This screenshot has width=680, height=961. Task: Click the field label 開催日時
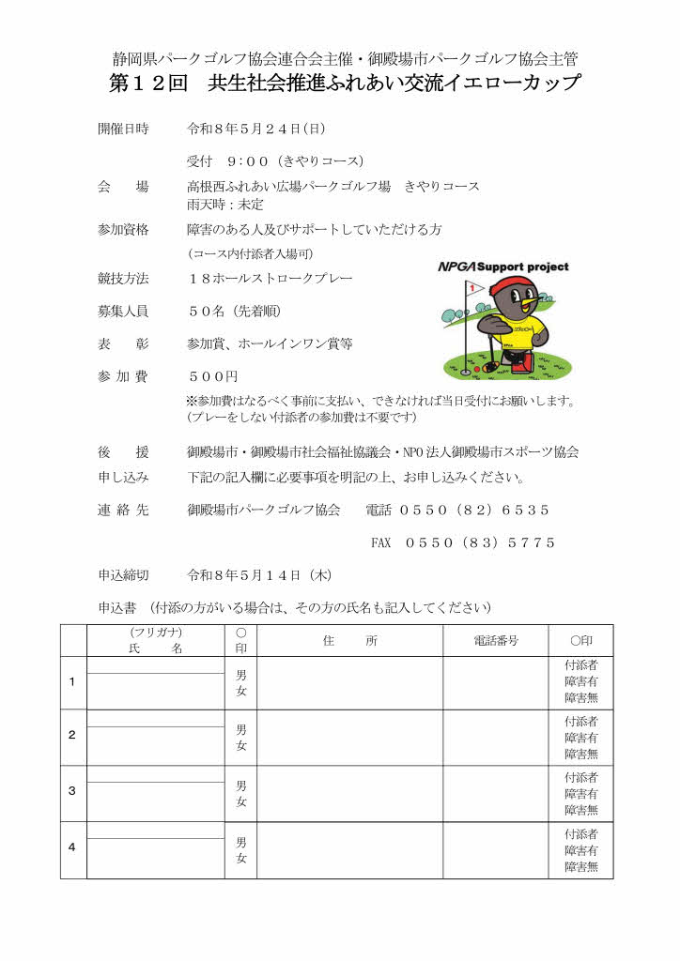point(123,129)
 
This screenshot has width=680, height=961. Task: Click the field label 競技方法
point(123,279)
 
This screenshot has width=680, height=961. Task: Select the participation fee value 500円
point(213,375)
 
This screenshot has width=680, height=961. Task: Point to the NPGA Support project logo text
point(503,267)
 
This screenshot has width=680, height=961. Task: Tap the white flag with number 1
point(473,288)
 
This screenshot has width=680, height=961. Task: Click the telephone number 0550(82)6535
point(474,511)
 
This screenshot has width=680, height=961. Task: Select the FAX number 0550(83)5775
point(480,542)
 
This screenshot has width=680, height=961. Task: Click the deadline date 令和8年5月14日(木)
point(258,574)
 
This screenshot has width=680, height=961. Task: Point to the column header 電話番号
point(495,640)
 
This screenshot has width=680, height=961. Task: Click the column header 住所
point(348,640)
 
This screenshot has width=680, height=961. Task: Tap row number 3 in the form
point(72,790)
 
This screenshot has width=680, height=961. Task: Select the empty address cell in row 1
point(348,682)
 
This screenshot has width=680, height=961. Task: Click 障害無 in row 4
point(580,867)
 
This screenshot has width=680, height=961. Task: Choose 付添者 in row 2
point(580,722)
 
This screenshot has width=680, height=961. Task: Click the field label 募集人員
point(123,312)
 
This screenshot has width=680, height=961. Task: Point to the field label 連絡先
point(123,511)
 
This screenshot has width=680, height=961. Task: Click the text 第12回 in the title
point(149,84)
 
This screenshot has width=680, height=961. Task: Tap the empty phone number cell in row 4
point(495,849)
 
